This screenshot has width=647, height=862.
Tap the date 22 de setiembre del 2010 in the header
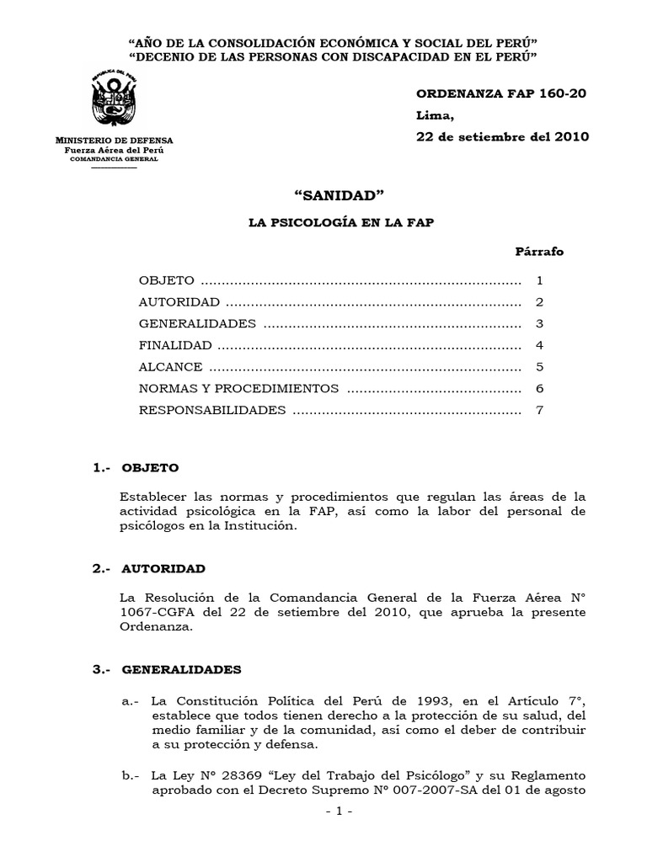(503, 136)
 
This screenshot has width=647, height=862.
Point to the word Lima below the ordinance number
(434, 115)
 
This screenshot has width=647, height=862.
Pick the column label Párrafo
(539, 252)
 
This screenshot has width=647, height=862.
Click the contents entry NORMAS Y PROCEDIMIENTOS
(239, 389)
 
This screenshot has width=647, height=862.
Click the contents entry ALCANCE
(171, 367)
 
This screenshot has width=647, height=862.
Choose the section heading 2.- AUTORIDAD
(149, 569)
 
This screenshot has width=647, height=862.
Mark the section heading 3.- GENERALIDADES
(167, 670)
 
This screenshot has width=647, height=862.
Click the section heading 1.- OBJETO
(136, 468)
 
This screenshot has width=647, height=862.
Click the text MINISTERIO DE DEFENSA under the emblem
(114, 140)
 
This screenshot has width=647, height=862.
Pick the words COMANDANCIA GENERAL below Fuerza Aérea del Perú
(114, 158)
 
